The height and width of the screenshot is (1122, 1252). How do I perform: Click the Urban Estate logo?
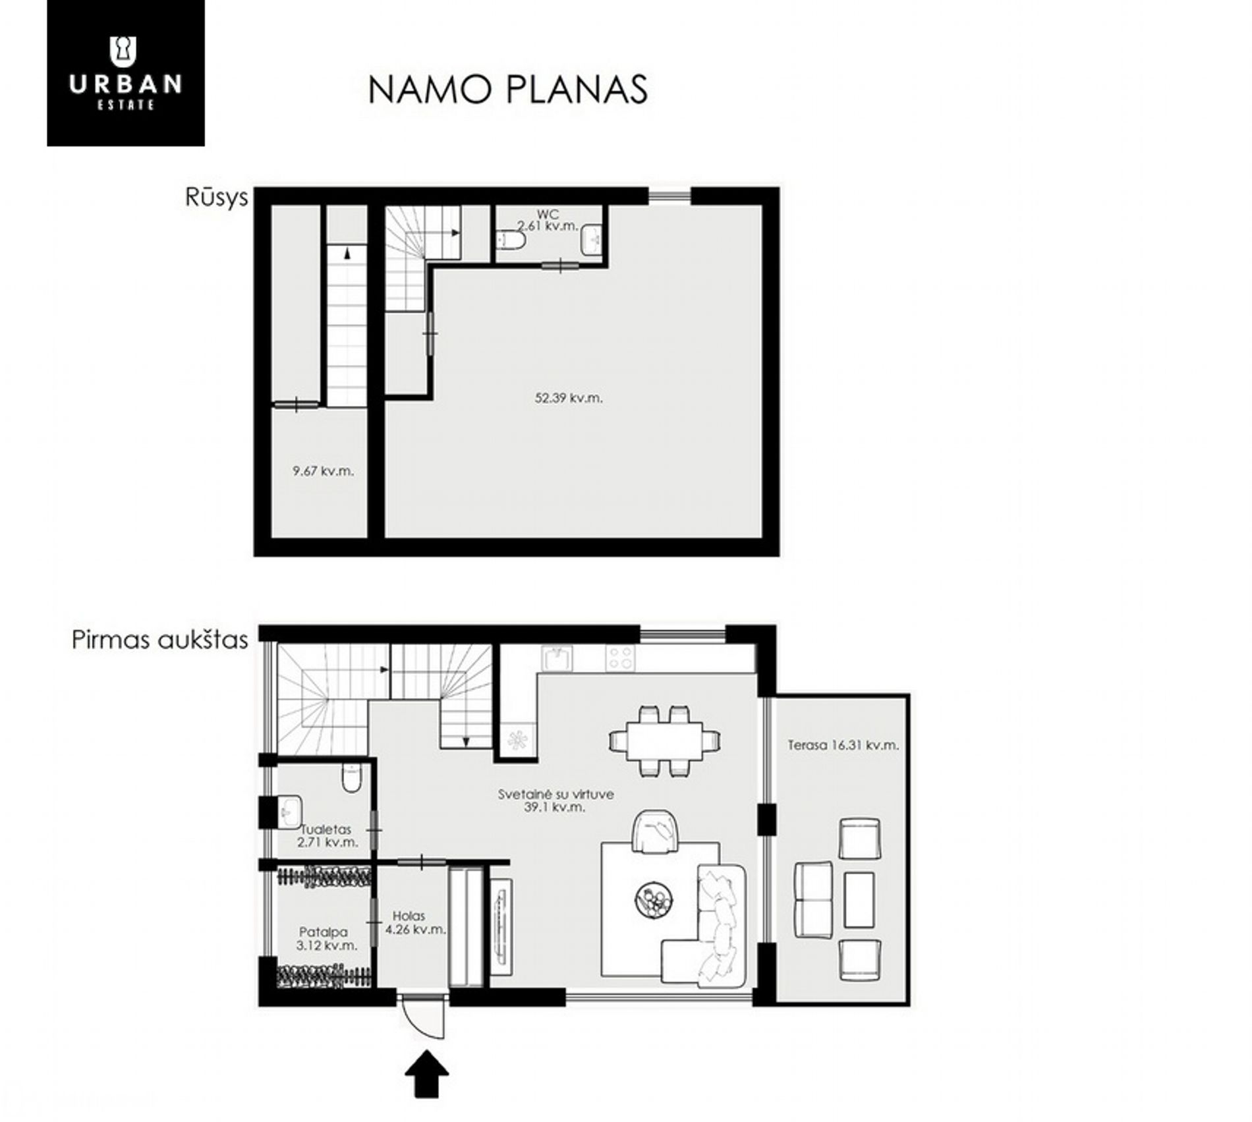(x=125, y=72)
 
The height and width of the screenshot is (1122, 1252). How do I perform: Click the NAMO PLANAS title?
(x=508, y=90)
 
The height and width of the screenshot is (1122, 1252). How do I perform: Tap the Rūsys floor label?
(x=216, y=198)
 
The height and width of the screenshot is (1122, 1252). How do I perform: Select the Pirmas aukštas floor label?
(x=160, y=640)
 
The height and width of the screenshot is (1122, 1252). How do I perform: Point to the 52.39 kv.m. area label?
(x=569, y=398)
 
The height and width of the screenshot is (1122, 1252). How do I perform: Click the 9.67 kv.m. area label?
(x=323, y=471)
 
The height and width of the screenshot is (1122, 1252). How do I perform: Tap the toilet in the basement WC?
(x=510, y=240)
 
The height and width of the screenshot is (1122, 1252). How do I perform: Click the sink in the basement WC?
(x=591, y=240)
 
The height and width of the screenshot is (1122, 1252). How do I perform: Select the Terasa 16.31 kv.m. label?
(x=843, y=745)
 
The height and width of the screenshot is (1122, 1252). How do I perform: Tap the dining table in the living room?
(x=664, y=741)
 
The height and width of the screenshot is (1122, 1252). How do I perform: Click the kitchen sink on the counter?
(x=557, y=658)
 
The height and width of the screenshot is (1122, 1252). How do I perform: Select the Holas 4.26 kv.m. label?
(x=416, y=922)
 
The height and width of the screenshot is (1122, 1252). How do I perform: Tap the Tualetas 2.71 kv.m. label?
(x=327, y=835)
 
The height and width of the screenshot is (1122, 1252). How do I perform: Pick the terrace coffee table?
(x=859, y=899)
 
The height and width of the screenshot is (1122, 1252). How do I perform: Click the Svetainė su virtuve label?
(x=555, y=794)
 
